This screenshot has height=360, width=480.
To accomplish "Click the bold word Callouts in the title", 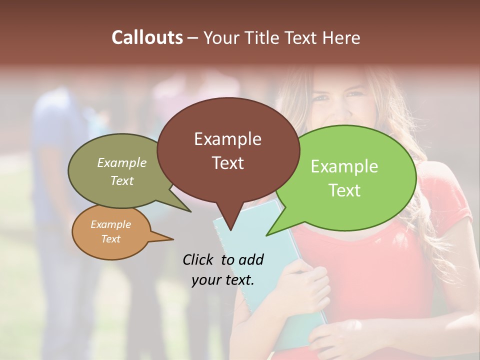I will (x=147, y=37).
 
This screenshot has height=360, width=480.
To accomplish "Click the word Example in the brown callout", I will (x=227, y=139).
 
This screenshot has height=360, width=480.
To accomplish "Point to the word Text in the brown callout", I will (x=227, y=163).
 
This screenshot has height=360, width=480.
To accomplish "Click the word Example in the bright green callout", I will (x=344, y=166).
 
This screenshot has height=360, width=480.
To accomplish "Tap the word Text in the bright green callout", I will (x=344, y=190).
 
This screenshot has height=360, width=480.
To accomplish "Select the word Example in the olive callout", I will (x=121, y=162).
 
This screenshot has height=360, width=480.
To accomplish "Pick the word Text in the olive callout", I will (x=121, y=180).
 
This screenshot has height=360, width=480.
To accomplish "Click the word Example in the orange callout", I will (x=110, y=224).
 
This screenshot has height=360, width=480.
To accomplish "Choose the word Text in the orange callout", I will (x=110, y=239).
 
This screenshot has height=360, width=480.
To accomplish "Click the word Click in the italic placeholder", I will (x=199, y=259).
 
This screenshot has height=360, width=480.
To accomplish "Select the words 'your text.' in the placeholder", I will (x=223, y=280).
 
